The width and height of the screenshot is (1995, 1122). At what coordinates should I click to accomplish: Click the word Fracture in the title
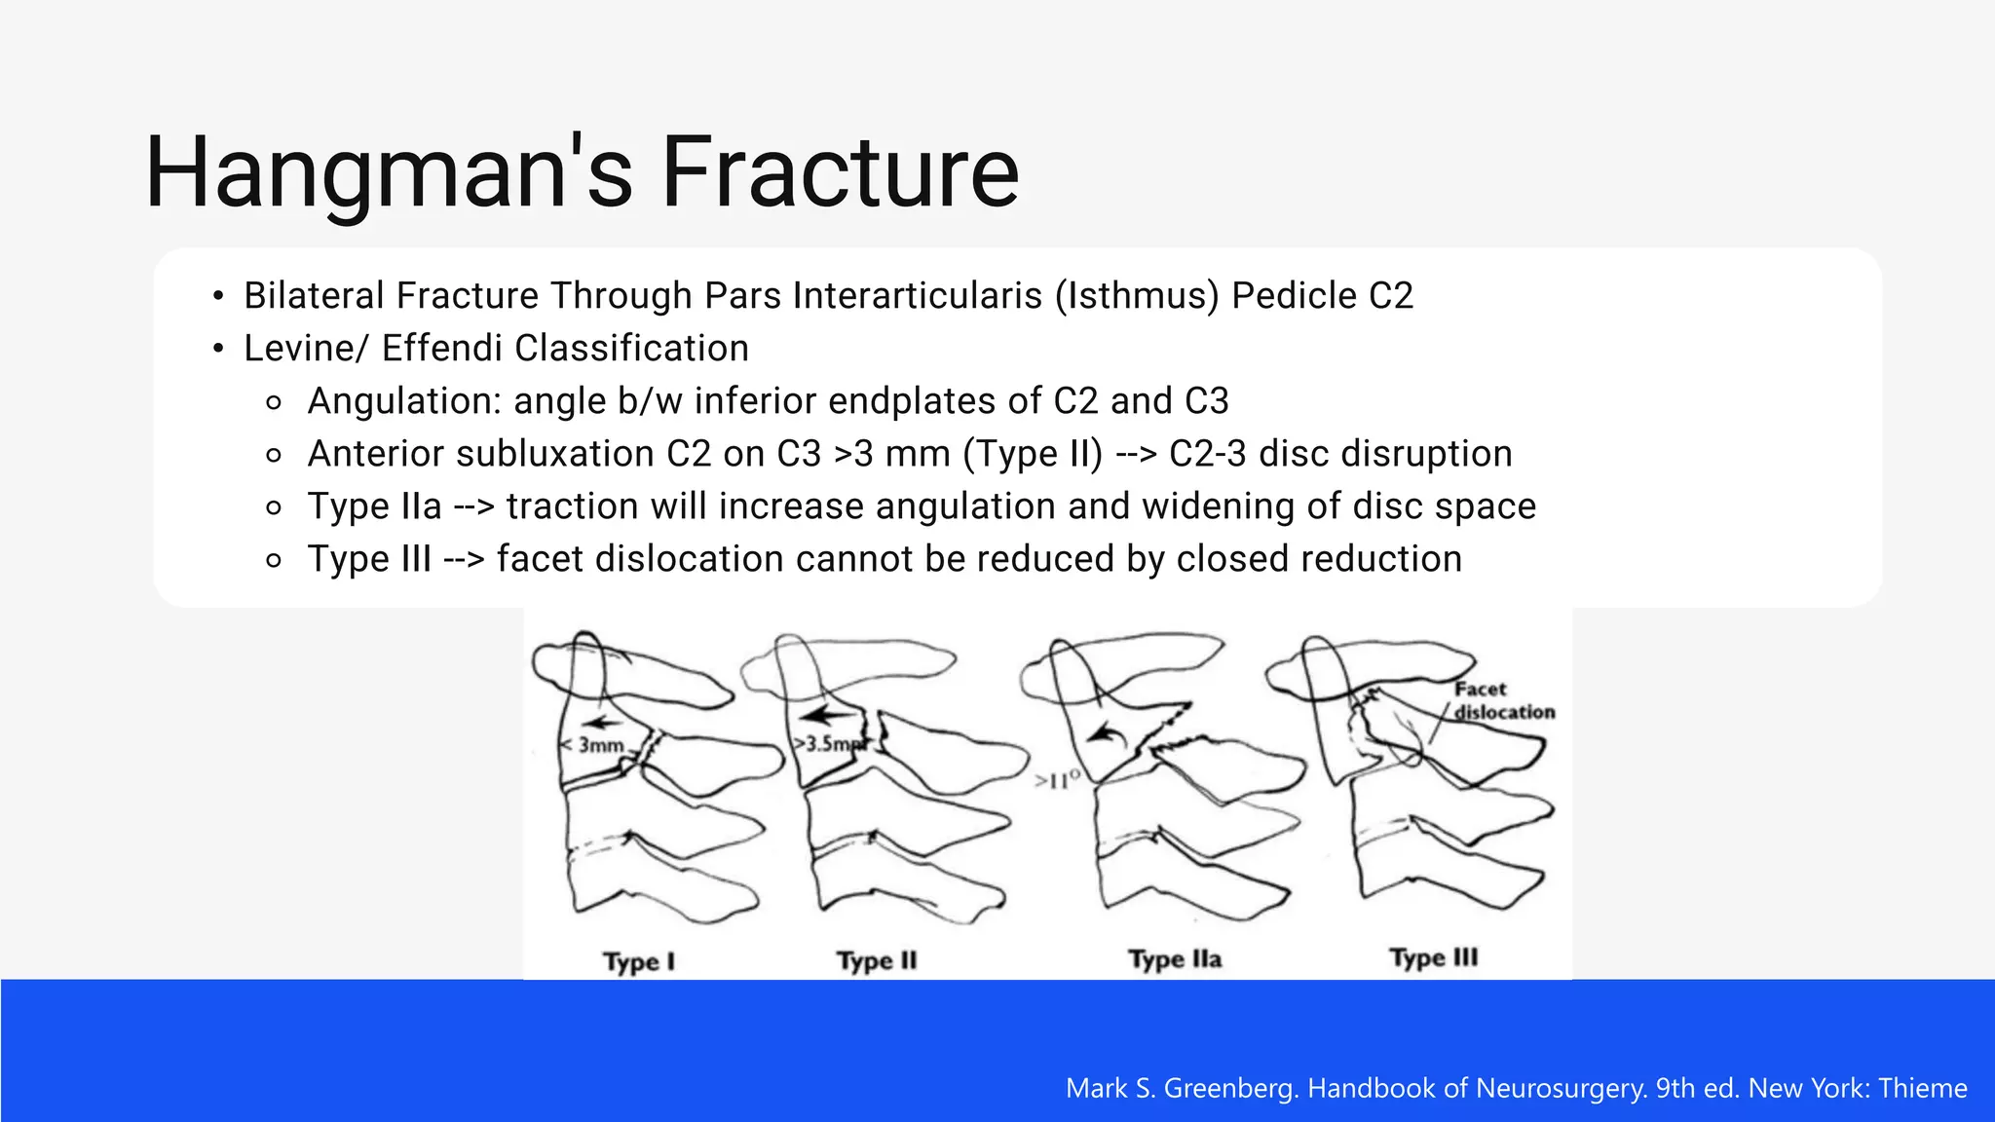[x=840, y=173]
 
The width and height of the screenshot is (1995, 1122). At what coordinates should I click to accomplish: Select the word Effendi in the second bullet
[x=441, y=349]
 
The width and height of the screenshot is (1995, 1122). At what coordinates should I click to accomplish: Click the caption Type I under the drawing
[x=638, y=962]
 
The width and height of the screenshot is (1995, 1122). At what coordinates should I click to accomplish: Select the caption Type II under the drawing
[x=877, y=961]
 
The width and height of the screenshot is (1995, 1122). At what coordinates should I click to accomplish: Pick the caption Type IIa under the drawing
[x=1175, y=960]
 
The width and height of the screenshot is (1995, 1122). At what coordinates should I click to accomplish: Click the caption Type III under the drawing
[x=1433, y=958]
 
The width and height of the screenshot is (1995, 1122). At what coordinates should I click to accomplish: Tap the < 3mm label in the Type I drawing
[x=593, y=745]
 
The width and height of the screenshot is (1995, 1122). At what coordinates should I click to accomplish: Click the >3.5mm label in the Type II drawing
[x=828, y=744]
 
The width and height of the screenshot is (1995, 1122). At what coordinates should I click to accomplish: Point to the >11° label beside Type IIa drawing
[x=1057, y=780]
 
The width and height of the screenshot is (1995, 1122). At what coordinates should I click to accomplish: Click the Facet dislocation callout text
[x=1501, y=701]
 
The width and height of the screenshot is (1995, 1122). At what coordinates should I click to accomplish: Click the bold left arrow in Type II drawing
[x=830, y=715]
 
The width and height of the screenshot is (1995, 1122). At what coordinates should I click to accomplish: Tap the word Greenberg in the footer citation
[x=1231, y=1088]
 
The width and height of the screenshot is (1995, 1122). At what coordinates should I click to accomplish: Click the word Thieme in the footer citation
[x=1922, y=1088]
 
